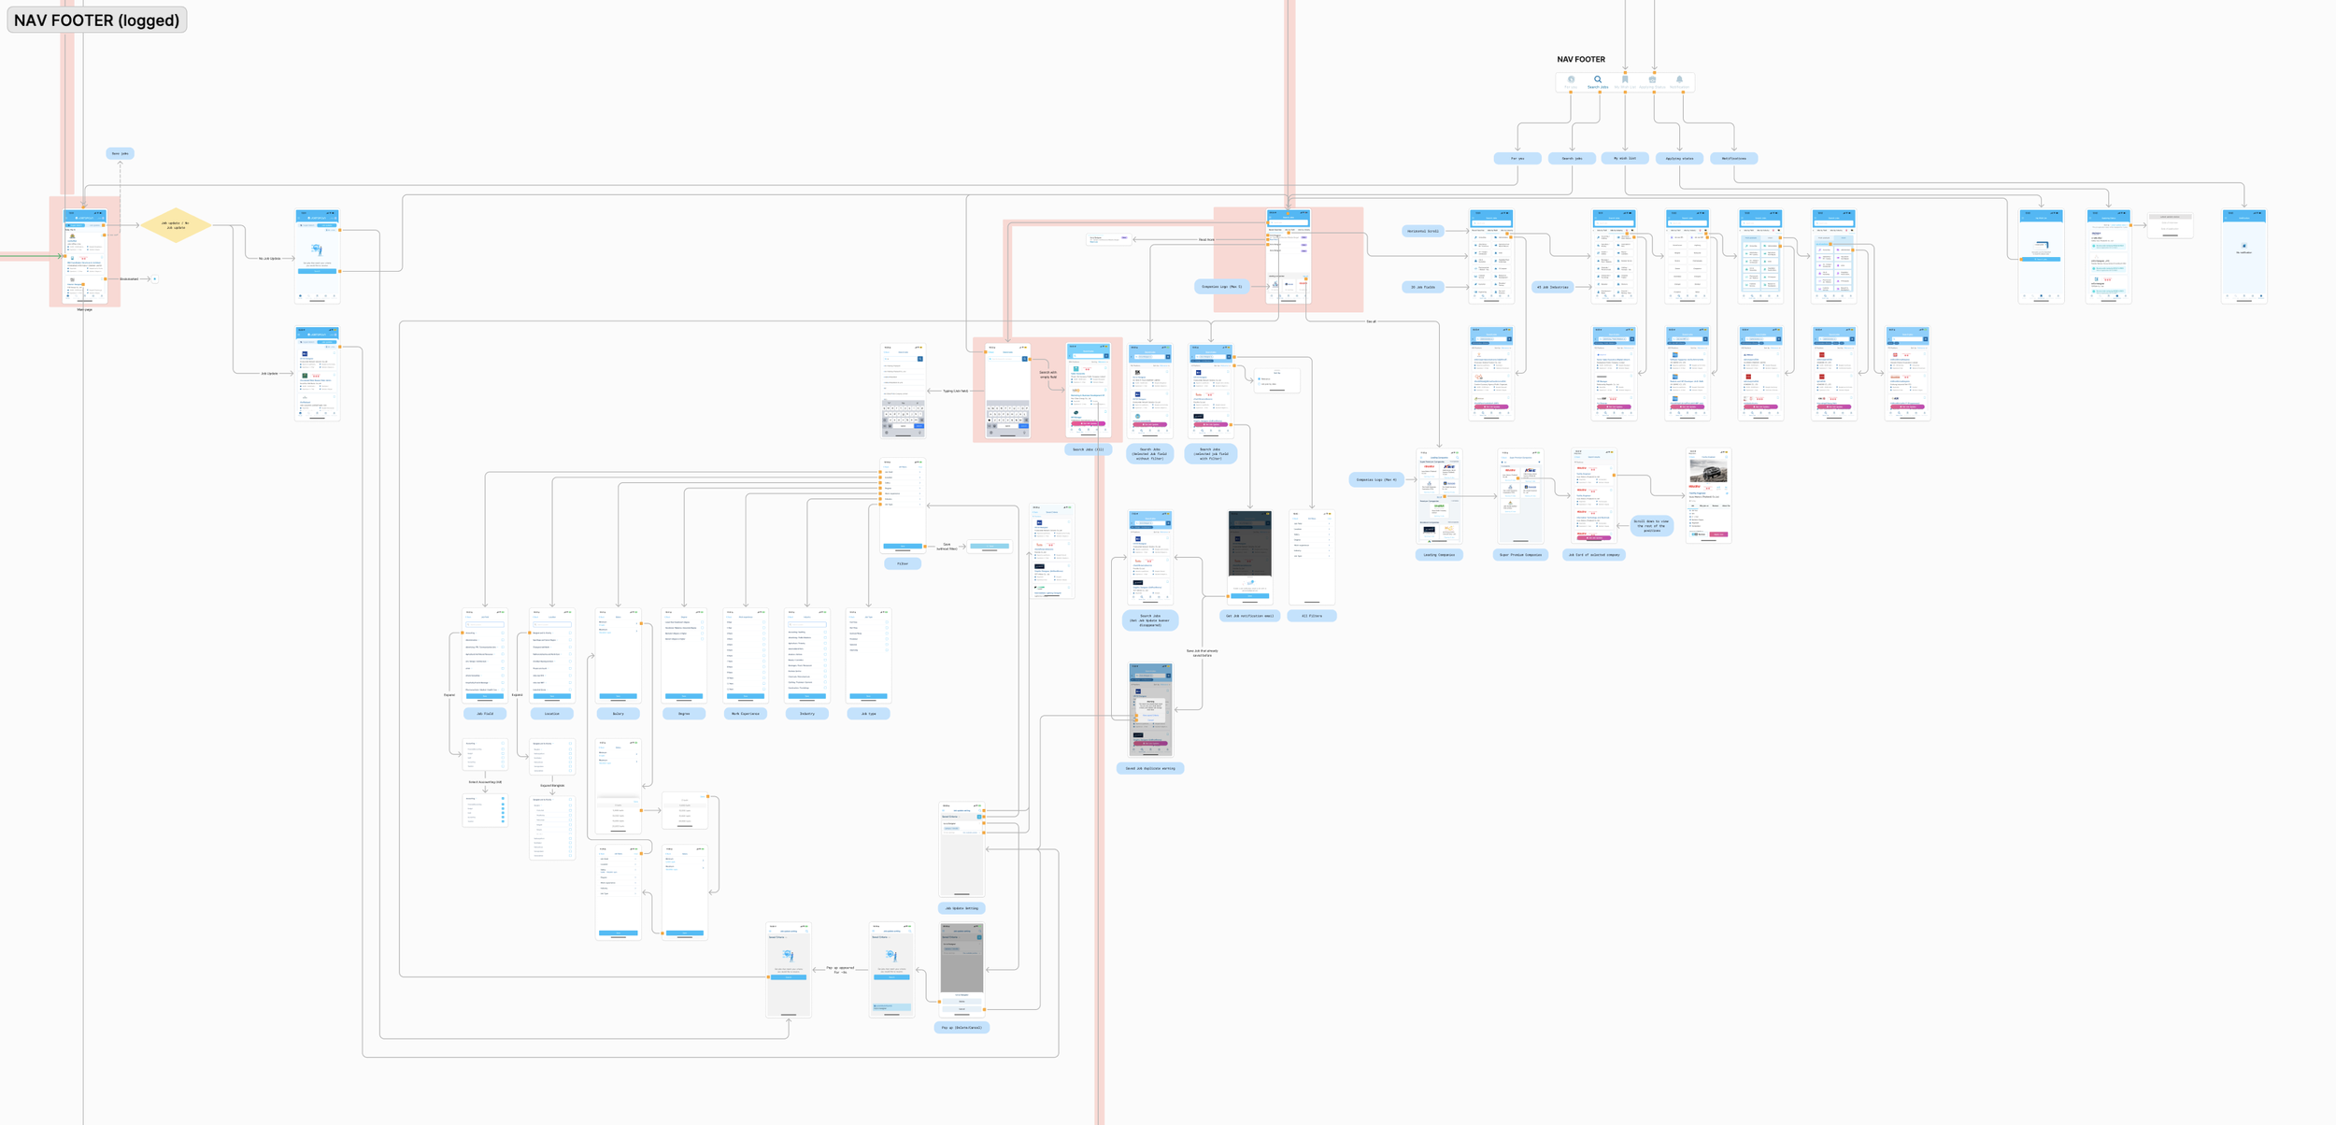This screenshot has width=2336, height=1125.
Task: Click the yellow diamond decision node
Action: click(x=176, y=225)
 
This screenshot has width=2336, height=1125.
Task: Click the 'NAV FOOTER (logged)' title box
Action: click(x=96, y=20)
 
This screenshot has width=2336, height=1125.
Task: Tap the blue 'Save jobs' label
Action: click(x=120, y=153)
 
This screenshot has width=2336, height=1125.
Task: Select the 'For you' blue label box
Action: click(x=1517, y=159)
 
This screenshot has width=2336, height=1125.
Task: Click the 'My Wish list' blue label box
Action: click(x=1625, y=158)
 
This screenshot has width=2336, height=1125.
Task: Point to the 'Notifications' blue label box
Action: click(x=1733, y=159)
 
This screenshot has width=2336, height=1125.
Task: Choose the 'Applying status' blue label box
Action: click(x=1679, y=159)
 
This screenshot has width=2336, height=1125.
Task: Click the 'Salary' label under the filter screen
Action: click(x=618, y=714)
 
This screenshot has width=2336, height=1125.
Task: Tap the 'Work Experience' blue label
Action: click(x=745, y=714)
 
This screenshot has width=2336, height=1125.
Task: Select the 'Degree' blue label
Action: click(x=684, y=714)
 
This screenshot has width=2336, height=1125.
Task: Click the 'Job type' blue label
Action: click(x=868, y=714)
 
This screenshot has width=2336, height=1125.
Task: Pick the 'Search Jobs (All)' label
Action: click(x=1088, y=449)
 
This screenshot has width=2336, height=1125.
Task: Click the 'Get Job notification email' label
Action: click(x=1248, y=616)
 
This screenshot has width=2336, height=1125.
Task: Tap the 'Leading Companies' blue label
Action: click(x=1438, y=555)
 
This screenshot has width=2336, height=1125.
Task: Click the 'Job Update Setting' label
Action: click(x=961, y=908)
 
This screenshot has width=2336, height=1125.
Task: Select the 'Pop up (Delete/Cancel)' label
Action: click(x=961, y=1028)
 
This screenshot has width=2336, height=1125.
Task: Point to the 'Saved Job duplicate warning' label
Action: click(x=1149, y=769)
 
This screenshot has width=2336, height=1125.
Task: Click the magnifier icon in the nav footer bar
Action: click(x=1598, y=80)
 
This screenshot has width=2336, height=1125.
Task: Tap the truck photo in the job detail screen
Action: click(x=1708, y=469)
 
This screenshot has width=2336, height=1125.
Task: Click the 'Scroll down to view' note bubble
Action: click(x=1652, y=526)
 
